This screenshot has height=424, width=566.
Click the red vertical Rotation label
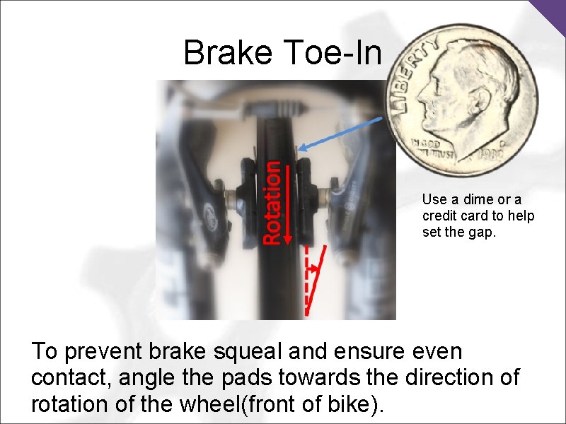click(271, 202)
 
